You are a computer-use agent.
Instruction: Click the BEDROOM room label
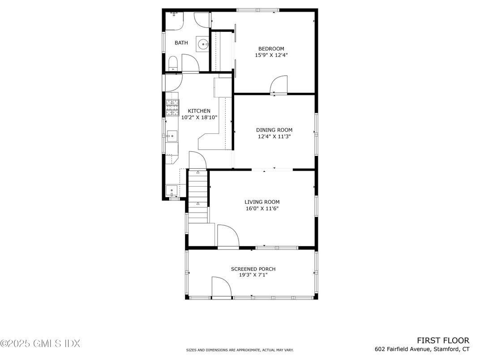271,49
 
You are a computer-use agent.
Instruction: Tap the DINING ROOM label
274,130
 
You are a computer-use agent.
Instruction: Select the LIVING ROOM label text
262,202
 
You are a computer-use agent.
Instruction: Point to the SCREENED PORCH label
253,269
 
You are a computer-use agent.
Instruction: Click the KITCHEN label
199,111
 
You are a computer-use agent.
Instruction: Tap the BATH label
181,43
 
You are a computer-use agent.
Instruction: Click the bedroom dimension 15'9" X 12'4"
271,56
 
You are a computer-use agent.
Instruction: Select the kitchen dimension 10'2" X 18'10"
199,117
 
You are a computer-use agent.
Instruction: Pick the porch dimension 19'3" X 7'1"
253,275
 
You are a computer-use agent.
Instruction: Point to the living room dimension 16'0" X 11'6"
262,209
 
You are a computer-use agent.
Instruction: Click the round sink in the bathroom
203,44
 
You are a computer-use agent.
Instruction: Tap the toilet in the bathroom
173,64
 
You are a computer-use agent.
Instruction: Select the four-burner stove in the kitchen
172,108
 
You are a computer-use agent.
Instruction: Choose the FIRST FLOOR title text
443,340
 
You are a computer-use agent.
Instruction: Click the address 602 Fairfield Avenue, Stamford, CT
422,349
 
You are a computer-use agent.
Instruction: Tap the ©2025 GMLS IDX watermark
40,343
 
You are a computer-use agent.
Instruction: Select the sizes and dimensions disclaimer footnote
240,350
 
